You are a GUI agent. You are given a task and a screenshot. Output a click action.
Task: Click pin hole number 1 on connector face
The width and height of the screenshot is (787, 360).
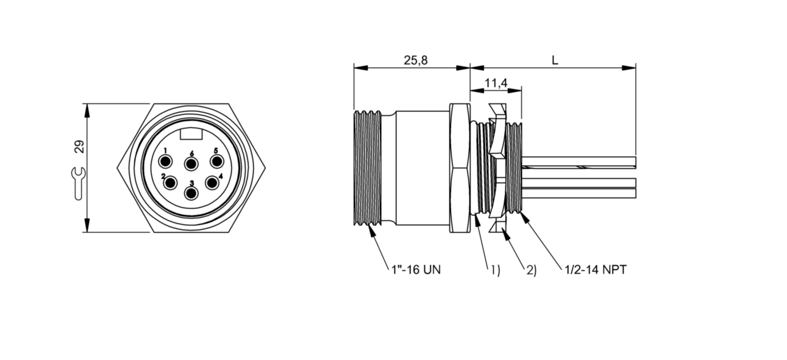click(165, 163)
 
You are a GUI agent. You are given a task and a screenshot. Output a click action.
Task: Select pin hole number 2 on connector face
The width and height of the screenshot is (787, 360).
click(171, 183)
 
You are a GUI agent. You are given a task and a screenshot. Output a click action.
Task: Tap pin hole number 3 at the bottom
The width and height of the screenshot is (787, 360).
click(192, 194)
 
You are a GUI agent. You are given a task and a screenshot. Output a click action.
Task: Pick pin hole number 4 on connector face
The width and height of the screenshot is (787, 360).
click(212, 183)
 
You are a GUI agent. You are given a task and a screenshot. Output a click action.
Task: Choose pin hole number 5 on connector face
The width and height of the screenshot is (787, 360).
click(217, 161)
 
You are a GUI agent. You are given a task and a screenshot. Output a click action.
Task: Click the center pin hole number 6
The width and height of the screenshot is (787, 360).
click(192, 164)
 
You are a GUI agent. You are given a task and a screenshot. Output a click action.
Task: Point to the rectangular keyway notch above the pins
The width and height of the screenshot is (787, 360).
click(191, 134)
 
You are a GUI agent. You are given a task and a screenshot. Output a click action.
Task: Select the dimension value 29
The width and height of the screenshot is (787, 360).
click(80, 147)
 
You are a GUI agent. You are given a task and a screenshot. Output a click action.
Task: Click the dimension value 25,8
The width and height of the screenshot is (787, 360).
click(416, 60)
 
